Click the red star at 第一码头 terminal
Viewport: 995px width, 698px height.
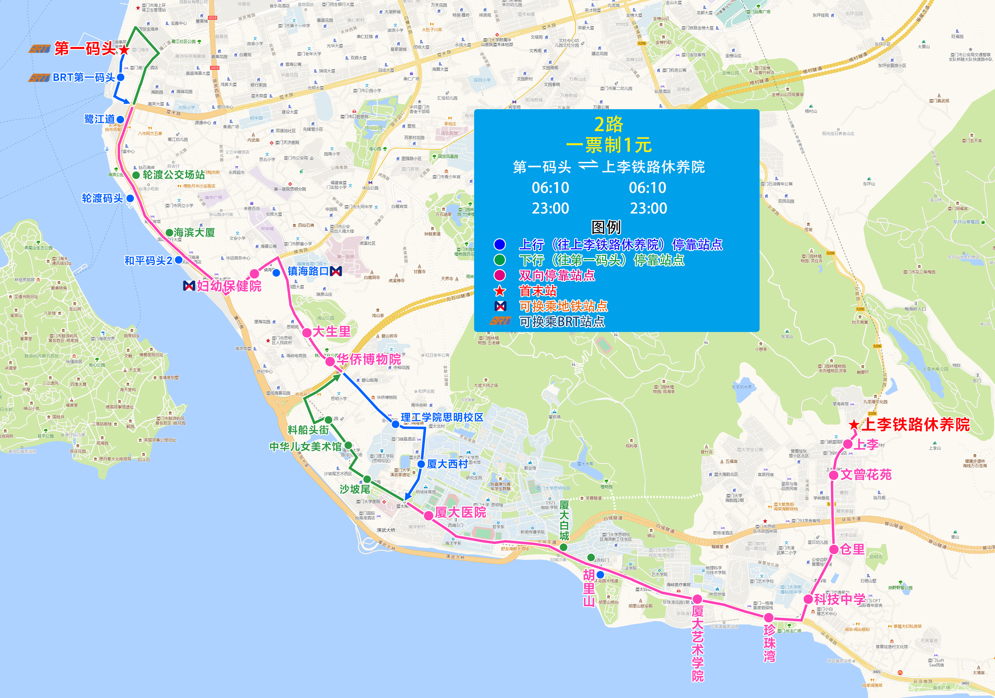pos(124,50)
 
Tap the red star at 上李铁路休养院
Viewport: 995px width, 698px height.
pos(854,425)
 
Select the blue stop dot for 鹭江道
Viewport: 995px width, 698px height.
pos(120,119)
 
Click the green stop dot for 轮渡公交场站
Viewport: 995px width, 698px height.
pos(136,175)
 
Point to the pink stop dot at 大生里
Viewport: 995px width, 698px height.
pos(307,332)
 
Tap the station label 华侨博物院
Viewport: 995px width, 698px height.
pos(369,359)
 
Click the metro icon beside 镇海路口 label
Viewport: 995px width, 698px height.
pos(336,271)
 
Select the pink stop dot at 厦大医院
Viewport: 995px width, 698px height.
pos(428,515)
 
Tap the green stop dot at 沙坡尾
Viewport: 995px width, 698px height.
pos(367,480)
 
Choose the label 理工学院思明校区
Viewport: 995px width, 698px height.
pos(442,417)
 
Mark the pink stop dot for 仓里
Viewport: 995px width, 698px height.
pos(834,550)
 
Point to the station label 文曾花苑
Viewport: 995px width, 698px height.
pos(866,475)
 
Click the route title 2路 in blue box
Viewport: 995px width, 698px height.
pos(609,125)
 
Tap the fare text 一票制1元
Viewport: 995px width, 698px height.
pos(609,145)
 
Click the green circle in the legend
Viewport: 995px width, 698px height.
pos(500,260)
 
